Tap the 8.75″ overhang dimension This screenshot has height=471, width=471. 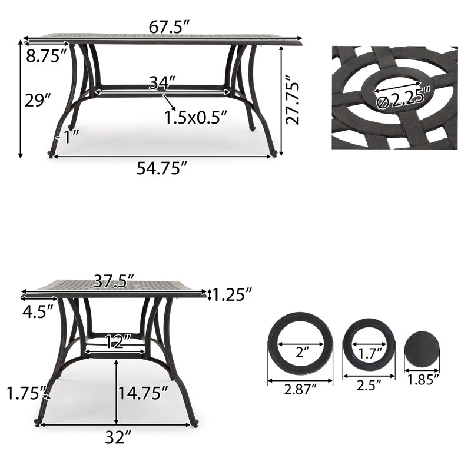46,57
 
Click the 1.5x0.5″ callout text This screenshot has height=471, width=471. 195,117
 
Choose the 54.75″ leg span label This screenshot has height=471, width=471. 162,168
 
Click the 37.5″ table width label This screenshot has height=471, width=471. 114,281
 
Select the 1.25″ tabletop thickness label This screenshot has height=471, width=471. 232,293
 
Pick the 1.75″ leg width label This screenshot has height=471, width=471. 24,392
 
